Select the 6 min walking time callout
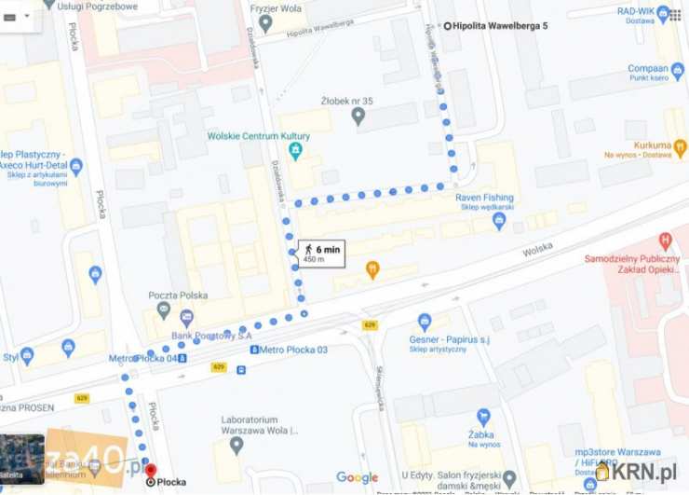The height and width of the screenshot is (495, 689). (321, 253)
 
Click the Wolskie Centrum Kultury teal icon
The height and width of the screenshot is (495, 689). (295, 149)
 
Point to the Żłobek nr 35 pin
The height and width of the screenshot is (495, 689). (358, 116)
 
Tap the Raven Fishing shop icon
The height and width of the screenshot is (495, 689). (499, 221)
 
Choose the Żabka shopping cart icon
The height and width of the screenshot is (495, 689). (483, 419)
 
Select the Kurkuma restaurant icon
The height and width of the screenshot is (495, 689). (681, 146)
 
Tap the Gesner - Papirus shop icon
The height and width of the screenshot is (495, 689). (426, 323)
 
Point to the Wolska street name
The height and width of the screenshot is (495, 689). (537, 250)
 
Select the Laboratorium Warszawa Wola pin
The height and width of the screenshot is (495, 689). (236, 445)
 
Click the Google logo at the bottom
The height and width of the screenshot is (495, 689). (357, 477)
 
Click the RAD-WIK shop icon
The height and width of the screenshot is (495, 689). (663, 13)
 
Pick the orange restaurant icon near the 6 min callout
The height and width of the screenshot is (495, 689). (372, 270)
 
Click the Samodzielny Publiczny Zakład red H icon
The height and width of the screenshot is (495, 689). (666, 241)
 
